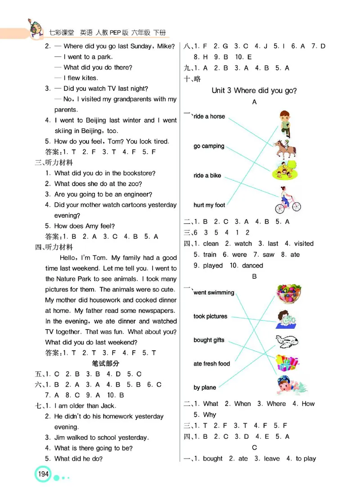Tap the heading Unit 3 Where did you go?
click(x=254, y=90)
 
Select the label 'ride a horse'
click(x=209, y=116)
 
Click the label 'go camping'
click(x=209, y=146)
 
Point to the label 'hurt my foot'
click(x=209, y=205)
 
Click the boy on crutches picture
click(x=284, y=123)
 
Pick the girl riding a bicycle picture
click(x=287, y=200)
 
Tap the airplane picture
click(x=287, y=340)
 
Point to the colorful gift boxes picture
click(x=287, y=362)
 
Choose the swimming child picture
click(x=289, y=386)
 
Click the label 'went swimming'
click(x=214, y=293)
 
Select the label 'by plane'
click(x=205, y=388)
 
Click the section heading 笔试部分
click(x=105, y=363)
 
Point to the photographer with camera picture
click(x=286, y=319)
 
